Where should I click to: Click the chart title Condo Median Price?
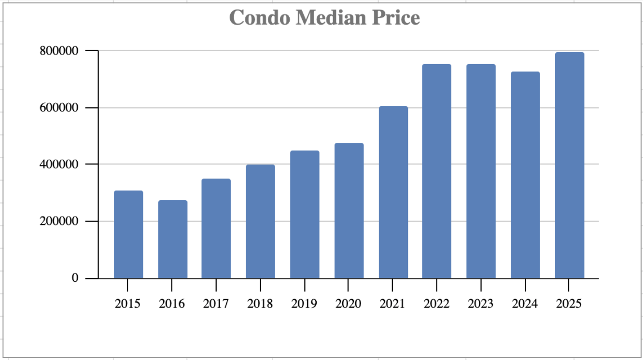pyautogui.click(x=324, y=18)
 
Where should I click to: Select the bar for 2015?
pyautogui.click(x=128, y=235)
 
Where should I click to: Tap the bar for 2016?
pyautogui.click(x=172, y=239)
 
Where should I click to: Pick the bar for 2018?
pyautogui.click(x=260, y=222)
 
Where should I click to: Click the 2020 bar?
pyautogui.click(x=349, y=210)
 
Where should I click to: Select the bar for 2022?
pyautogui.click(x=436, y=171)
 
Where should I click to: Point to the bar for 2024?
pyautogui.click(x=525, y=175)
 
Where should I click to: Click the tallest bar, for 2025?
pyautogui.click(x=569, y=165)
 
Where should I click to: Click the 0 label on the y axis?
pyautogui.click(x=75, y=278)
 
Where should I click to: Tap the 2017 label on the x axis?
pyautogui.click(x=216, y=304)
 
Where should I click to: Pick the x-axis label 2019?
pyautogui.click(x=304, y=304)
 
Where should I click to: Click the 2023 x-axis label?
pyautogui.click(x=481, y=304)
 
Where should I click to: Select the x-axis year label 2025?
pyautogui.click(x=569, y=304)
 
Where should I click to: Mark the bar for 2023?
pyautogui.click(x=481, y=171)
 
